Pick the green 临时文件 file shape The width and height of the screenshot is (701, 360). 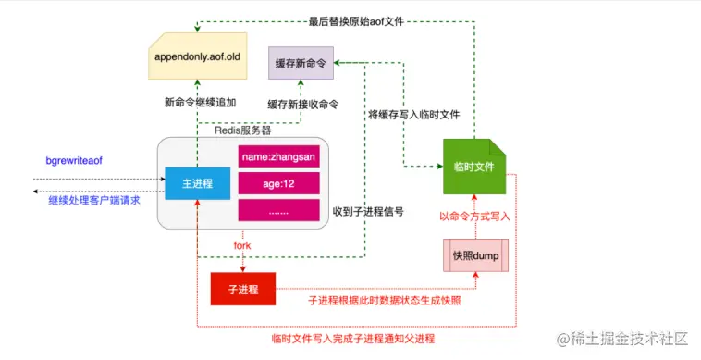pos(473,166)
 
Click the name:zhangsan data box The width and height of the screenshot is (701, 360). pos(278,156)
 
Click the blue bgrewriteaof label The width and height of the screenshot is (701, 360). pos(74,161)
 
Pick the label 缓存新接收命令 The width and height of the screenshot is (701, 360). pos(302,104)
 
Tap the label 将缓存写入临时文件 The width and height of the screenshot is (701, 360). pos(414,115)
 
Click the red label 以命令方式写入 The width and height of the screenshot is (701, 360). pos(474,216)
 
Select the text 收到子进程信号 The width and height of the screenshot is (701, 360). pos(368,211)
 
